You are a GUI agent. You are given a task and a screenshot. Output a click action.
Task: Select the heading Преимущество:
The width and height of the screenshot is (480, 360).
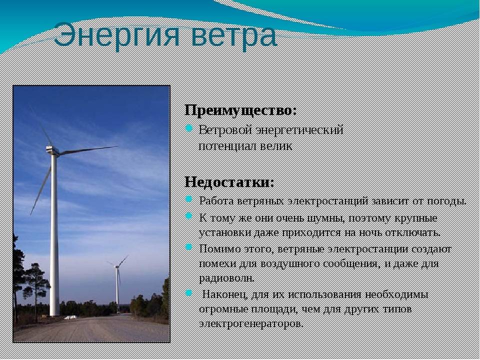240,109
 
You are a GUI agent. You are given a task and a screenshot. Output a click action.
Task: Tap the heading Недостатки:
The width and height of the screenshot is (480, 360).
229,181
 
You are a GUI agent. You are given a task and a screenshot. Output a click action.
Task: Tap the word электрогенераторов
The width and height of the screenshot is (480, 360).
250,323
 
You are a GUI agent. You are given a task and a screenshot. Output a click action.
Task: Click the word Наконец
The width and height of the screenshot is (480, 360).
221,294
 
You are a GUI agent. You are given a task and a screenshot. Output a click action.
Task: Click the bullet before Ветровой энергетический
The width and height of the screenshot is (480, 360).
189,128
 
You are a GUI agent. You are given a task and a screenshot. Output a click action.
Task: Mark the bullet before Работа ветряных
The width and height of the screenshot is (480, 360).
189,199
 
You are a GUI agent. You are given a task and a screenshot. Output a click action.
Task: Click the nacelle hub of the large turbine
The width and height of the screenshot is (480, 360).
51,149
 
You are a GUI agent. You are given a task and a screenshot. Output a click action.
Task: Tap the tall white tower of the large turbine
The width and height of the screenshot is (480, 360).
54,235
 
